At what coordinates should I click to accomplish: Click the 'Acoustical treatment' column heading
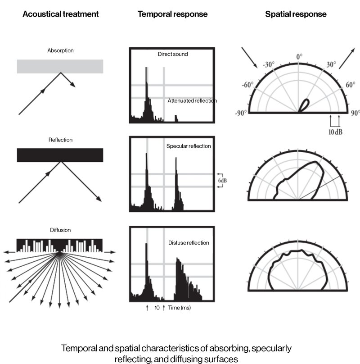60,14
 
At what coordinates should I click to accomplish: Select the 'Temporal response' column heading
172,14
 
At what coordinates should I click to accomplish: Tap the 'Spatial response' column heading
296,14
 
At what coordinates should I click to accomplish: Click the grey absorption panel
60,66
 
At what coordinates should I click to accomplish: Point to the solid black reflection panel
60,155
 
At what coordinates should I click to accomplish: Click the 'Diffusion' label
60,230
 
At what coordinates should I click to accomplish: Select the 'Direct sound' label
173,54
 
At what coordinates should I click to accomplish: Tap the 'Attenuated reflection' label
192,101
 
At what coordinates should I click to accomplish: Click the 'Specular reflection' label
189,146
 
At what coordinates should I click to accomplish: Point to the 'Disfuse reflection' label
189,243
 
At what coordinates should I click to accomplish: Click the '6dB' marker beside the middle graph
223,179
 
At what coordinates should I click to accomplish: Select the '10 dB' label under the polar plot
335,133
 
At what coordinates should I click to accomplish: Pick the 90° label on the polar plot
355,113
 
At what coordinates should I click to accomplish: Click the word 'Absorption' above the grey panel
60,50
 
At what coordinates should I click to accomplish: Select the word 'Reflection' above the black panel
60,140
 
